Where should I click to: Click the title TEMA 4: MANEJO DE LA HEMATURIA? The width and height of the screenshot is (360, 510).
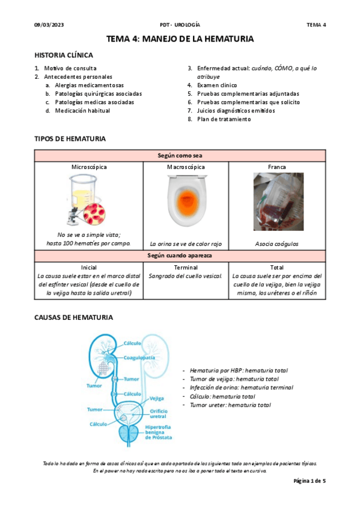[x=180, y=39]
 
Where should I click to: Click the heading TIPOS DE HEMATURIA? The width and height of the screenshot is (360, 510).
[x=70, y=139]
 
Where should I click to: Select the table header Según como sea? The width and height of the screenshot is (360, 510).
[x=180, y=155]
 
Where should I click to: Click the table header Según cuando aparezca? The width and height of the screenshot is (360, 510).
[x=180, y=256]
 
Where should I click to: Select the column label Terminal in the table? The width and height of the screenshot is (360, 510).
[x=186, y=267]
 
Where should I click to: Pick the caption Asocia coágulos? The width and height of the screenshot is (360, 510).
[x=278, y=244]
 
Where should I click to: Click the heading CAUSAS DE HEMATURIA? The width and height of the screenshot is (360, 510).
[x=73, y=318]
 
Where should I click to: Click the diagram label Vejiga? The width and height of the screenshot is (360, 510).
[x=156, y=398]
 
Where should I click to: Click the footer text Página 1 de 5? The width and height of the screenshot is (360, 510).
[x=309, y=482]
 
